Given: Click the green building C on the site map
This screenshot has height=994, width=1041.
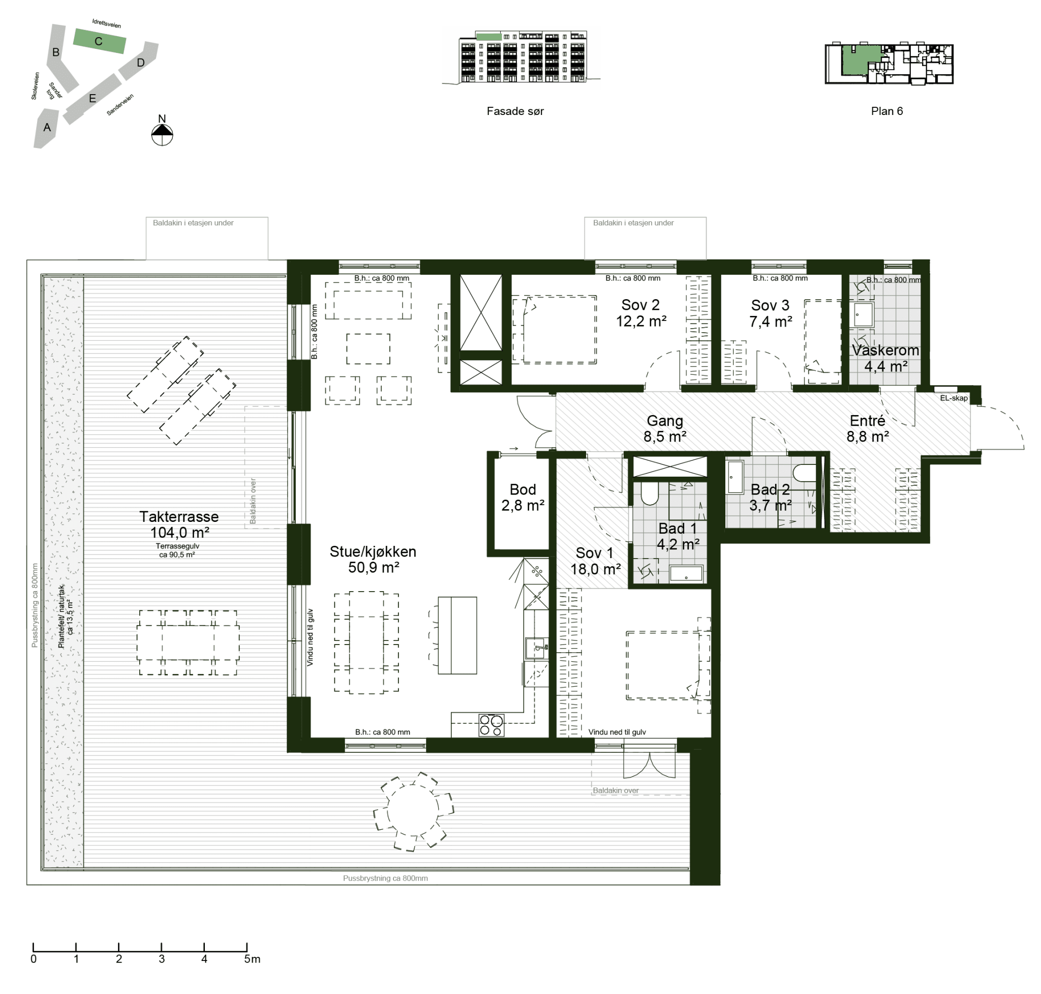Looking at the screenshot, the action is point(99,41).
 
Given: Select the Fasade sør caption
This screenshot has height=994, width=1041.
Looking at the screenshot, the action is point(515,111).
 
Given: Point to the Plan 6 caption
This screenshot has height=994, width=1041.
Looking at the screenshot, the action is point(886,111).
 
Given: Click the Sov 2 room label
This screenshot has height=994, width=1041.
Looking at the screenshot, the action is point(640,305).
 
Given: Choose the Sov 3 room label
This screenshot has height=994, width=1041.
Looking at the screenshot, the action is point(770,305).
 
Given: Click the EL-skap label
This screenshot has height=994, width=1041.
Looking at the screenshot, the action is point(954,398).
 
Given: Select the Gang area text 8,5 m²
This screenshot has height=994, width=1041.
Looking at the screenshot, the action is point(664,436).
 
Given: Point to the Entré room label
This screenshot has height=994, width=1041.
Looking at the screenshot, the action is point(867,420).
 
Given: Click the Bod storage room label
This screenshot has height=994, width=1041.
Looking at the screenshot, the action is point(523,489).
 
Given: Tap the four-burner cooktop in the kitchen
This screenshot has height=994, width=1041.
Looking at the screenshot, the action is point(491,725).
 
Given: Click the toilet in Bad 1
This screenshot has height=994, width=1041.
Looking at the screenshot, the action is point(649,493).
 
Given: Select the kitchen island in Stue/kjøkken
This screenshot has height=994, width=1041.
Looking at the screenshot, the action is point(457,635).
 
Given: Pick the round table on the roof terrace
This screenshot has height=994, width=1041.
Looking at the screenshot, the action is point(413,811).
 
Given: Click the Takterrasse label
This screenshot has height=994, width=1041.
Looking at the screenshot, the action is point(179,517).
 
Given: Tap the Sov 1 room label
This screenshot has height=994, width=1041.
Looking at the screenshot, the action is point(594,552).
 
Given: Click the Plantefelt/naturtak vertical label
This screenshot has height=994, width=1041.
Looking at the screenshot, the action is point(62,616).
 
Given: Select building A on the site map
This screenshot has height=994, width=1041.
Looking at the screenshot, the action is point(47,128).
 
